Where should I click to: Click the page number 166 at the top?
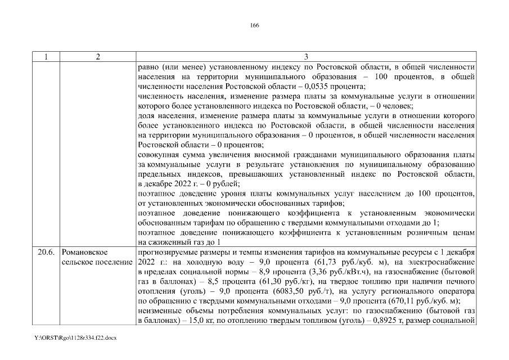[254, 25]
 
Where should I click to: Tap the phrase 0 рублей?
[208, 183]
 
